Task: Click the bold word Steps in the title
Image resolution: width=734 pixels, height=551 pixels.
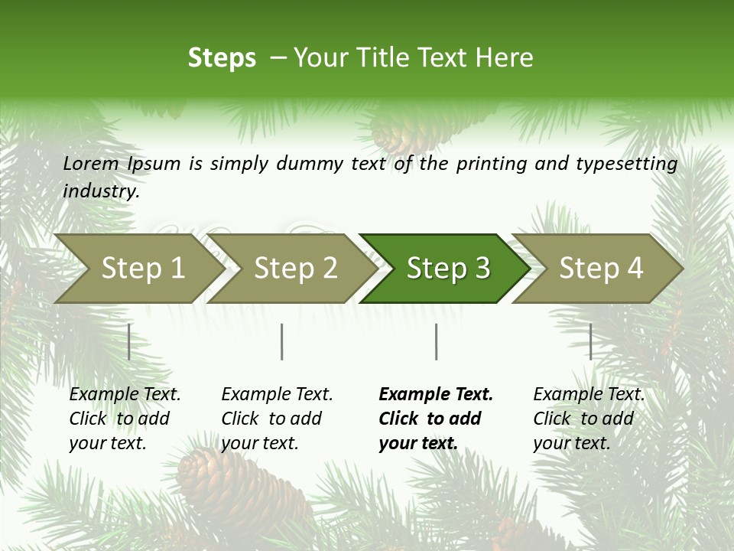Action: point(222,58)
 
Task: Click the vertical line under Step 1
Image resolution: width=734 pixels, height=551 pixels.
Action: point(129,341)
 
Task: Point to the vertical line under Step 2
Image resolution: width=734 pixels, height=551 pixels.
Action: point(282,341)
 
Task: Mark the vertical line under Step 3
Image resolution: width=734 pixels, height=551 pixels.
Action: point(437,341)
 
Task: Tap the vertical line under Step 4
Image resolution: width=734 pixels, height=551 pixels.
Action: point(591,341)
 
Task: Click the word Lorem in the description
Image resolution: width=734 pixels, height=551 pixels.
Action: point(91,163)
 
